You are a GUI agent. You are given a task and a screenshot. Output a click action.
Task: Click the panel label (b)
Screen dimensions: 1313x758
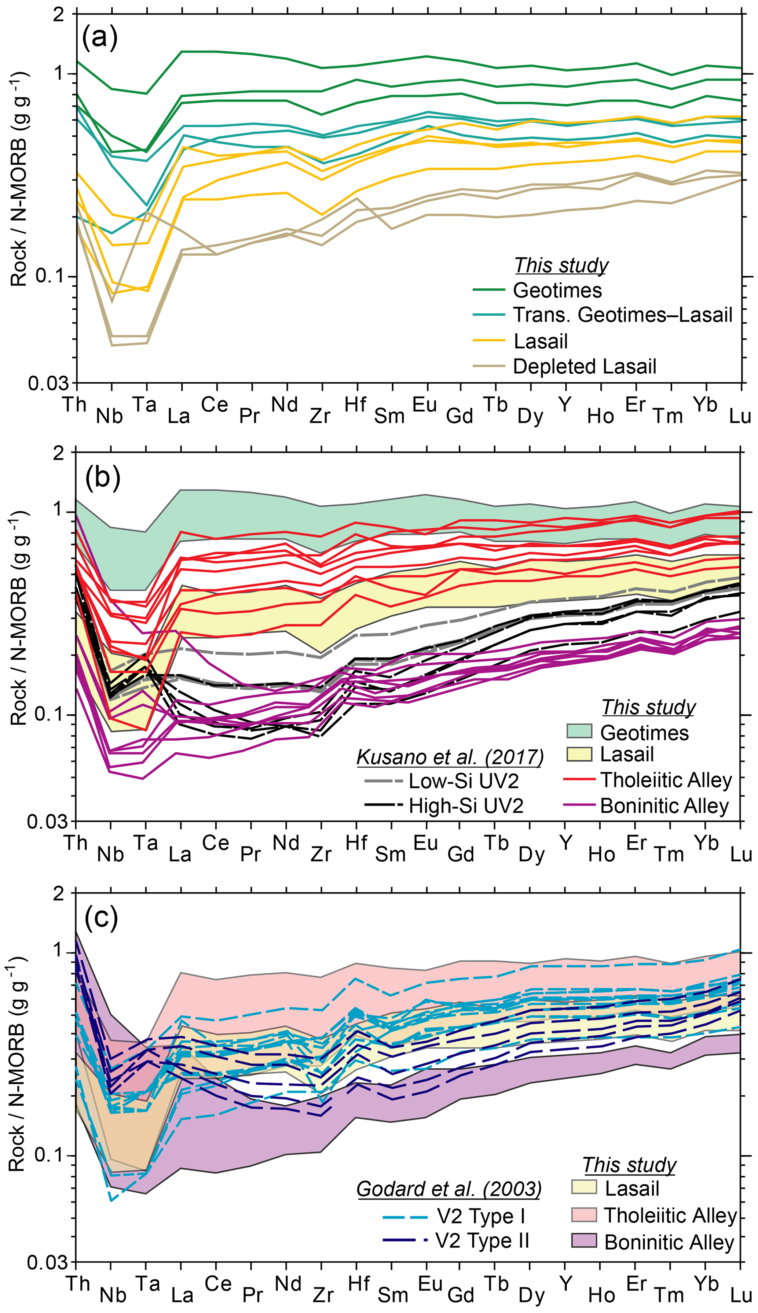(103, 477)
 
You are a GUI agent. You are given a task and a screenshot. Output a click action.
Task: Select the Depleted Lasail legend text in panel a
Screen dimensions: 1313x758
(584, 367)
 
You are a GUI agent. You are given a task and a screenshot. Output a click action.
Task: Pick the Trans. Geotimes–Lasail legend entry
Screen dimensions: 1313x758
(623, 315)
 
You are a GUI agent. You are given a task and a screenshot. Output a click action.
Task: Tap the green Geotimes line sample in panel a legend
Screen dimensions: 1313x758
(489, 290)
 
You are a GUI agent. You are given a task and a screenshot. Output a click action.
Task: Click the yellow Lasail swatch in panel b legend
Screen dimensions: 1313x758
(579, 754)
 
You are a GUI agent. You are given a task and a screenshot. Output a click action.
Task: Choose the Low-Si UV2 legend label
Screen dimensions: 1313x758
(463, 781)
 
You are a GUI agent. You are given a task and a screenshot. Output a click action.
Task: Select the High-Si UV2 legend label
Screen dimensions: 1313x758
(465, 806)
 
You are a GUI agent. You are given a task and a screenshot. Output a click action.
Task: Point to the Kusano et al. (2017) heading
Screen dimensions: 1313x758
(450, 757)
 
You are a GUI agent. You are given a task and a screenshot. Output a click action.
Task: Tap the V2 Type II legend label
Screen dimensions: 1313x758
(482, 1241)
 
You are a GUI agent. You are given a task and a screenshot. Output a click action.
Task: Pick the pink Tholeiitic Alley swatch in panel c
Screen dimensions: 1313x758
(583, 1215)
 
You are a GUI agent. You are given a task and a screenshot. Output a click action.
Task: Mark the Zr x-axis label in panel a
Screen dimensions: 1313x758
(320, 416)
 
